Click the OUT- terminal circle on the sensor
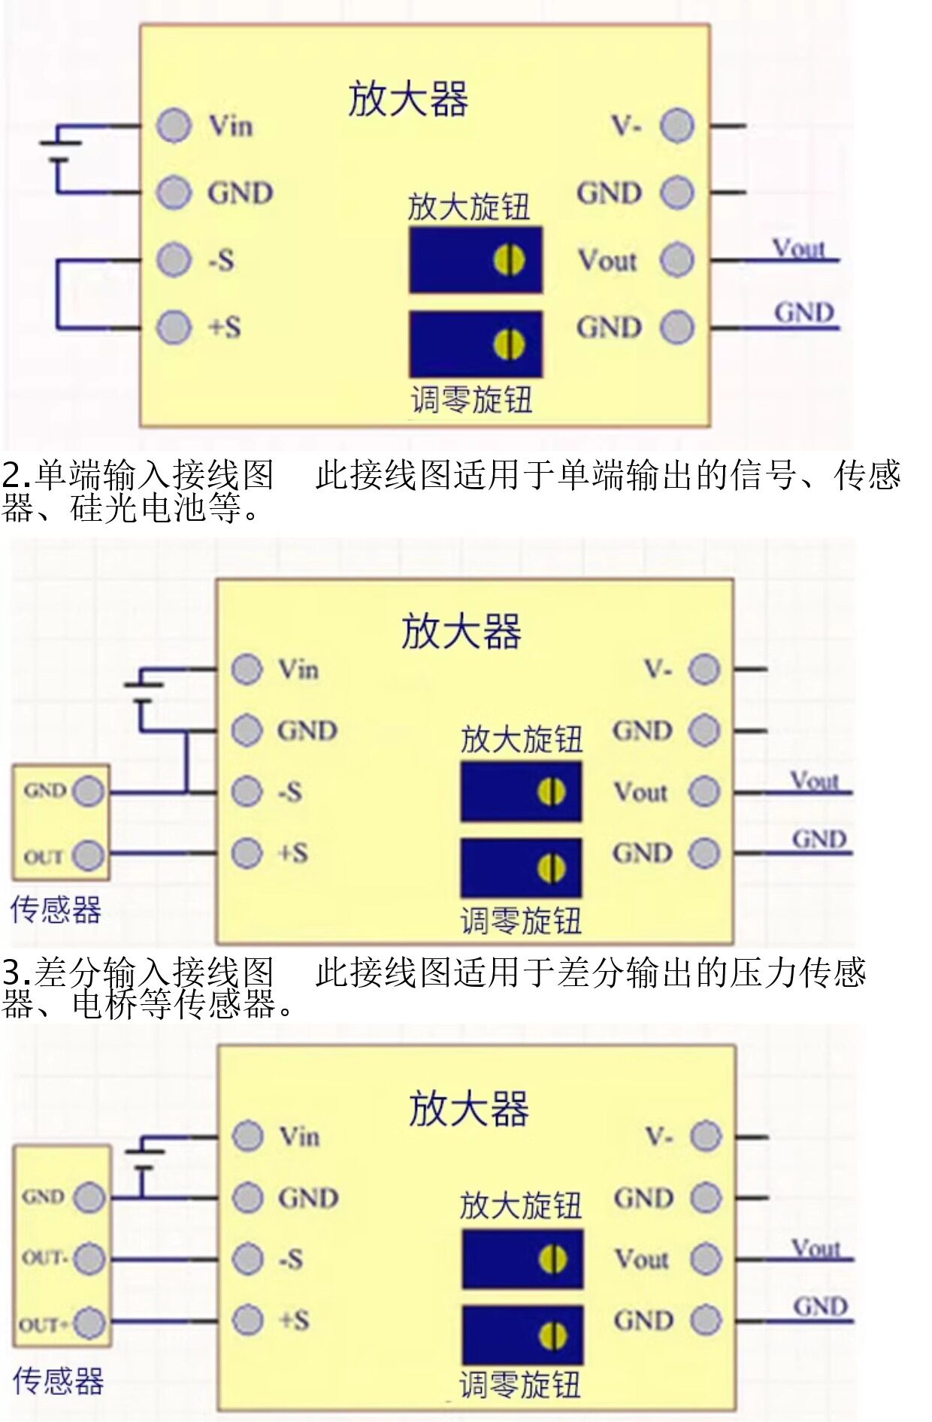click(89, 1258)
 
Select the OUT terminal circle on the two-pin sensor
click(89, 855)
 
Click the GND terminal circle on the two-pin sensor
click(89, 791)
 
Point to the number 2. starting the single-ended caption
click(17, 476)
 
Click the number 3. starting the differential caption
click(17, 973)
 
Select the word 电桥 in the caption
click(106, 1005)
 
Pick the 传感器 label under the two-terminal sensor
click(56, 909)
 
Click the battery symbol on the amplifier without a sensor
click(60, 150)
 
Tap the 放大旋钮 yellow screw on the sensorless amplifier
click(509, 260)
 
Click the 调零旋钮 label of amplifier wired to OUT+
click(520, 1384)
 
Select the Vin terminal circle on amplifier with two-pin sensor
click(247, 668)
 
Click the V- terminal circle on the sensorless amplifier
click(677, 126)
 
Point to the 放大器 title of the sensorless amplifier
click(408, 99)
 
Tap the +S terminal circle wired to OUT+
click(248, 1320)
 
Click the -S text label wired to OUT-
click(291, 1258)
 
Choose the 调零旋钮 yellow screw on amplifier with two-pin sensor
click(551, 869)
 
